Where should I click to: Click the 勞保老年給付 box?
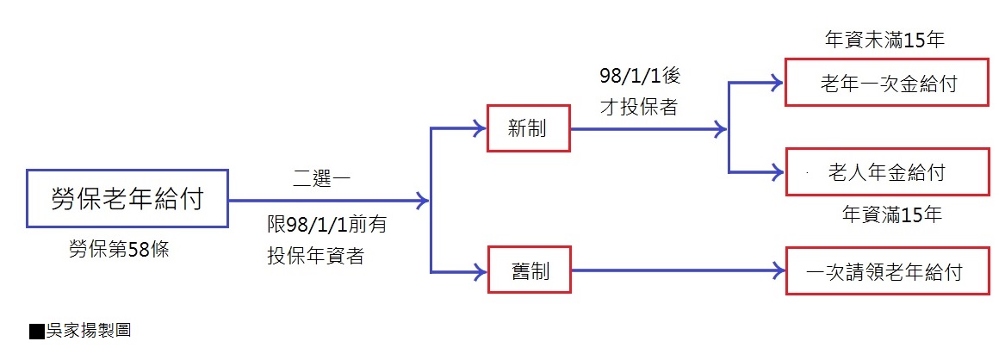click(127, 200)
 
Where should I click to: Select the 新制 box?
click(528, 129)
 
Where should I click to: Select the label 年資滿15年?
click(891, 215)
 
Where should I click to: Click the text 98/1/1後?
click(640, 77)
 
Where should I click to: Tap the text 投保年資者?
click(315, 256)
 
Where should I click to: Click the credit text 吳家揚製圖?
click(87, 330)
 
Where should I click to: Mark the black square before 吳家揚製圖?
click(36, 331)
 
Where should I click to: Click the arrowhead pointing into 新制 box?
click(478, 129)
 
